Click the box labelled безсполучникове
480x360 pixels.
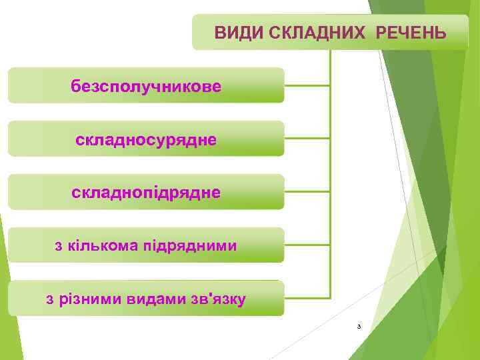click(146, 85)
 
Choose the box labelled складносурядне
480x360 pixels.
click(146, 139)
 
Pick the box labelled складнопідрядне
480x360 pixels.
click(146, 192)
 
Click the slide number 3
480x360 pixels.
click(359, 327)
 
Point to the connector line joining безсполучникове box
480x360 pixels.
click(307, 85)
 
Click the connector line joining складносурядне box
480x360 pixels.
click(307, 138)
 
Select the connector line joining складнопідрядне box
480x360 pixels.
click(307, 191)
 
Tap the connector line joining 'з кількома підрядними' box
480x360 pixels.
click(307, 245)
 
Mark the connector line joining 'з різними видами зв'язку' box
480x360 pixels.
click(307, 297)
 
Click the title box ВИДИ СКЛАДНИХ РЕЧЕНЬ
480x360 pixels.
click(331, 32)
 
